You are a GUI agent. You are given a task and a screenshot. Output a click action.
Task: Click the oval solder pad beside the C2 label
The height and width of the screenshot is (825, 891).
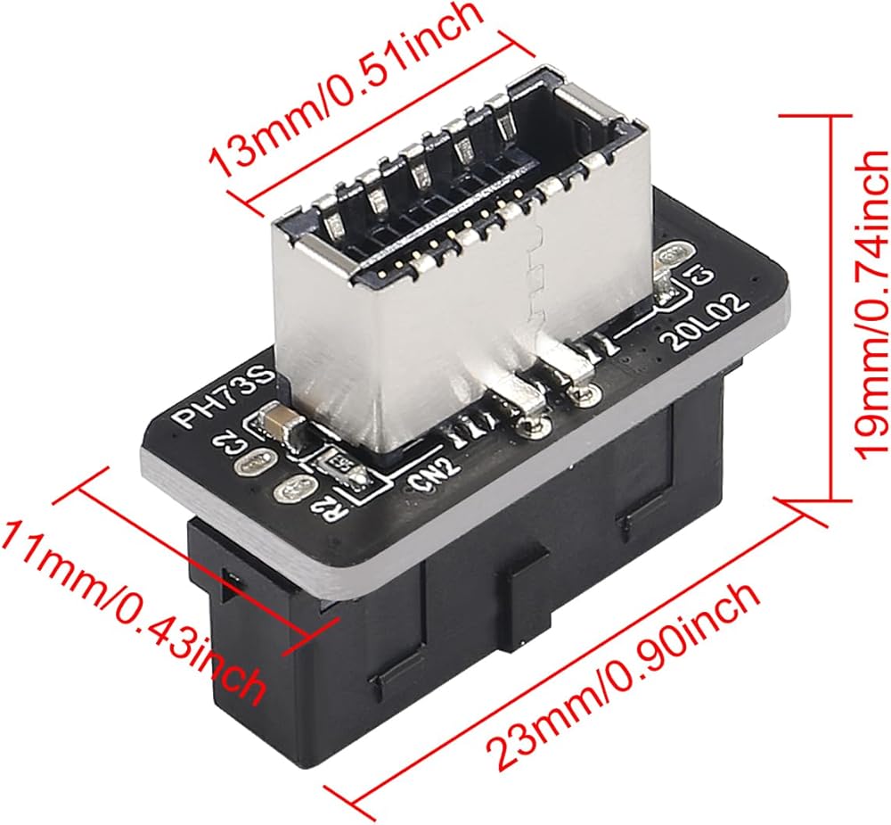coord(253,465)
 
